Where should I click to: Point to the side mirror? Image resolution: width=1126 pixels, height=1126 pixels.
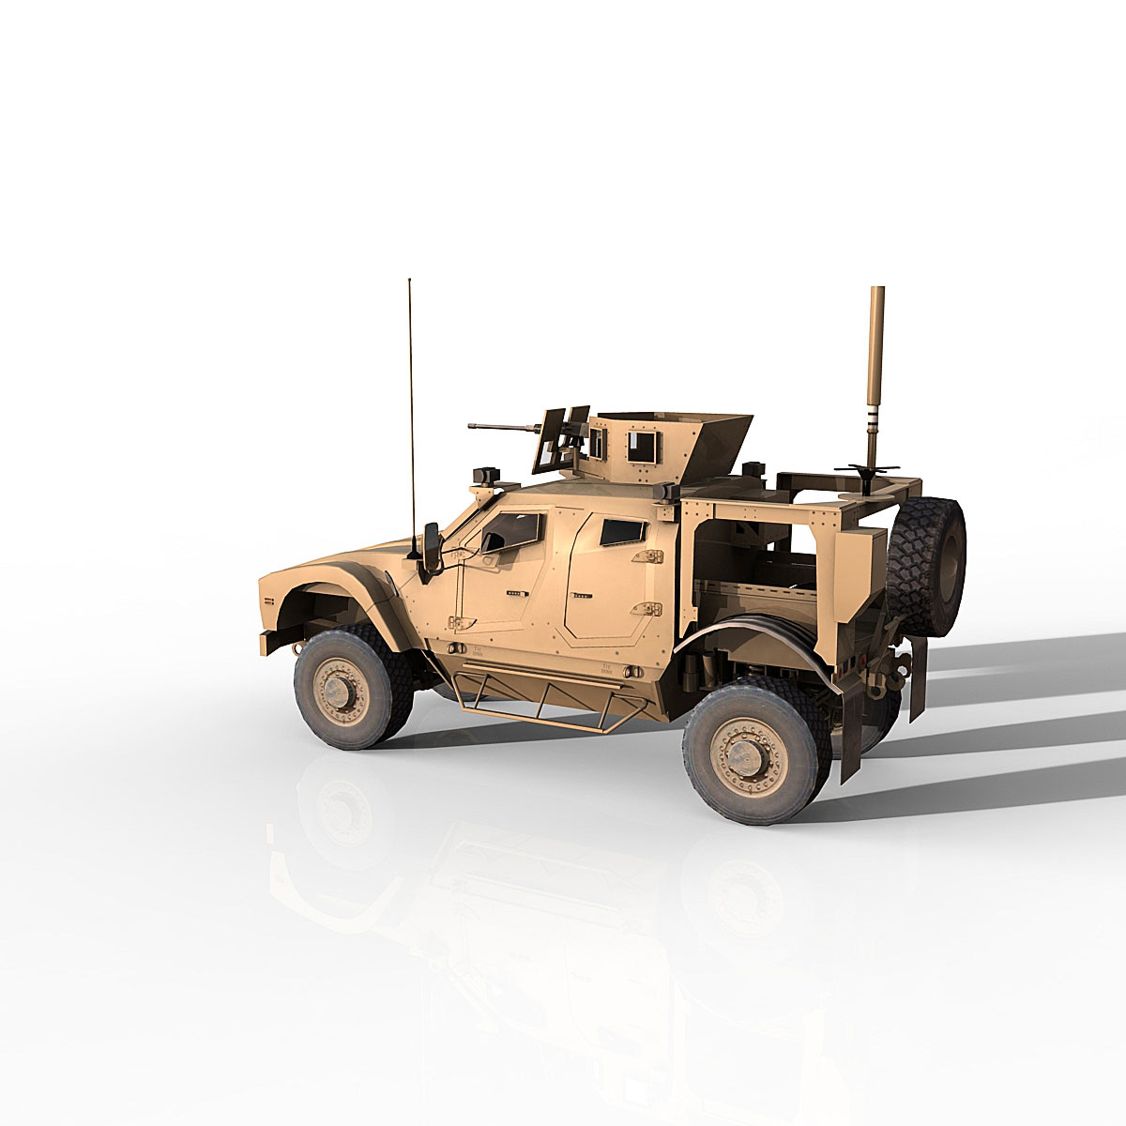click(x=434, y=546)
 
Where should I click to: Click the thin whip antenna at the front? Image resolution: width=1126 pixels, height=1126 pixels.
click(x=409, y=394)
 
